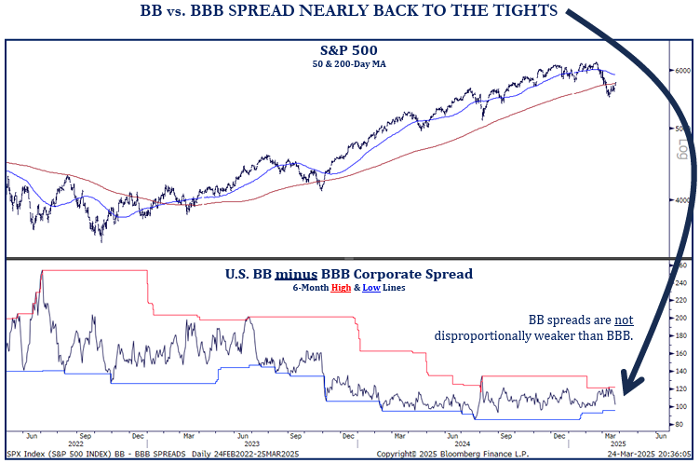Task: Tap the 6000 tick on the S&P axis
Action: pos(682,70)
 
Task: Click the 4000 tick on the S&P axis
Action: pos(682,199)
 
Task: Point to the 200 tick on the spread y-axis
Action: pos(681,318)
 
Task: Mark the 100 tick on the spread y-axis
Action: pos(681,406)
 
